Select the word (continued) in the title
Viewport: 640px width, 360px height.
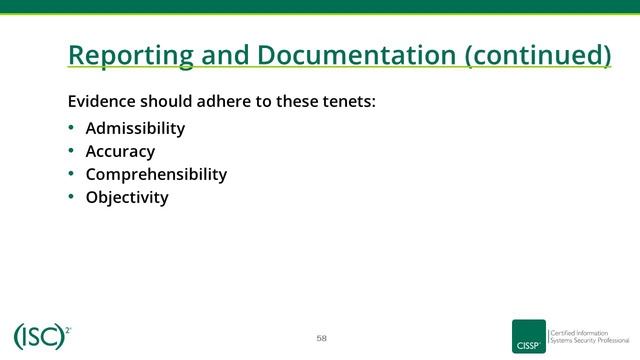pyautogui.click(x=538, y=55)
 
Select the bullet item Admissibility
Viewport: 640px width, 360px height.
pyautogui.click(x=135, y=128)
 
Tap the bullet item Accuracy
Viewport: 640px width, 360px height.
pyautogui.click(x=120, y=151)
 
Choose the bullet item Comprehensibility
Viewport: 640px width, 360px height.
pyautogui.click(x=156, y=174)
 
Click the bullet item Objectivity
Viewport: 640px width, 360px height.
pyautogui.click(x=127, y=197)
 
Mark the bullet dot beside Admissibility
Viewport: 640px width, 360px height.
pyautogui.click(x=71, y=128)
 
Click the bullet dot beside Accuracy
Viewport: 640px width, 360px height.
pyautogui.click(x=71, y=151)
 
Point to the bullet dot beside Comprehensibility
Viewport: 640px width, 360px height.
pyautogui.click(x=71, y=174)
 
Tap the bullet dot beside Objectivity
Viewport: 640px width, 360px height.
pyautogui.click(x=71, y=197)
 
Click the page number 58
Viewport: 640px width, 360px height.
pyautogui.click(x=321, y=337)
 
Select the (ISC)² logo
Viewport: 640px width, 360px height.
pyautogui.click(x=41, y=336)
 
